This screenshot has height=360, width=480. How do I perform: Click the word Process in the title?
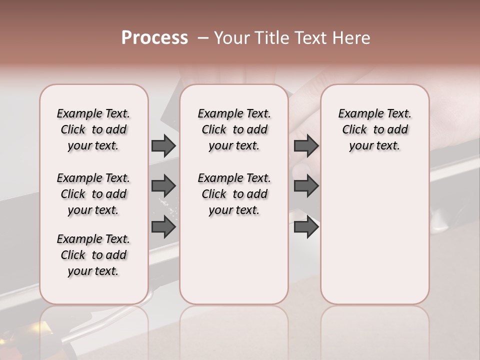pos(154,38)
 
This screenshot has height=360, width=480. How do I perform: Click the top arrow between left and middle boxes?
pos(163,146)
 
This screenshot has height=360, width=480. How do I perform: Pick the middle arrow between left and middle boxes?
pos(163,186)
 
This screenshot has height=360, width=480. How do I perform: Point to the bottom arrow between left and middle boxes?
pos(163,226)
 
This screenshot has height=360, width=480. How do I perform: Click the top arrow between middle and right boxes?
pos(306,146)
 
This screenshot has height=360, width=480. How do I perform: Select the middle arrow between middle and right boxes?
pos(306,186)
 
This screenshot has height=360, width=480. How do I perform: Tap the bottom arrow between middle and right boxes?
pos(306,226)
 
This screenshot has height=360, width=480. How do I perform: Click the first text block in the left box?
pos(93,129)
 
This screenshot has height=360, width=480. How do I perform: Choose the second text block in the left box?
pos(93,194)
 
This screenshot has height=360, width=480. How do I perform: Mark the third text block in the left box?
pos(93,255)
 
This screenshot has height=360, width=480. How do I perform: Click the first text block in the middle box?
pos(234,129)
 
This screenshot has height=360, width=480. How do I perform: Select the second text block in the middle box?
pos(234,194)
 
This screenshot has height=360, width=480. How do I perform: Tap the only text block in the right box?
pos(375,129)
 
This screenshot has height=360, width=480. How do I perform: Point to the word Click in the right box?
pos(354,130)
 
